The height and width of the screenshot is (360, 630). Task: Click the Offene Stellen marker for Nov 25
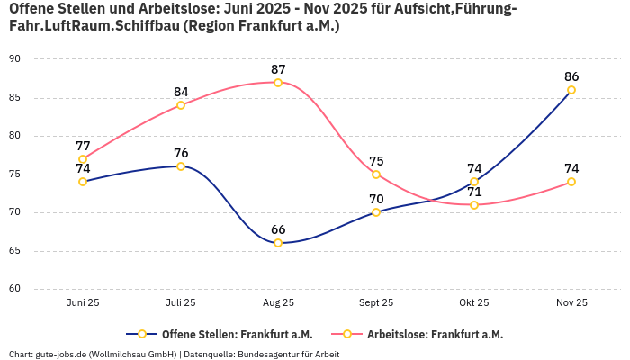coord(571,90)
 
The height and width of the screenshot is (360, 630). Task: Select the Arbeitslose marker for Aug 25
coord(278,82)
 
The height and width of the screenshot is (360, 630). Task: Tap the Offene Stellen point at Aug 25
coord(278,243)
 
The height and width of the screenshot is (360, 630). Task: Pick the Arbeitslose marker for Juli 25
coord(181,105)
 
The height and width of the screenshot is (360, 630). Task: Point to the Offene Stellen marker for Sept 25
coord(376,212)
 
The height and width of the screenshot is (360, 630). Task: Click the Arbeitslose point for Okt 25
coord(474,205)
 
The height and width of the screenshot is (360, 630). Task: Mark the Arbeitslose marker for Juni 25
coord(83,159)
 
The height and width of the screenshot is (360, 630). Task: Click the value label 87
coord(278,69)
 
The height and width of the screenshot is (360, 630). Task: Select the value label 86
coord(571,76)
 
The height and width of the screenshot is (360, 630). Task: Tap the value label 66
coord(278,229)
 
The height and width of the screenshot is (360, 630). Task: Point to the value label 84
coord(181,92)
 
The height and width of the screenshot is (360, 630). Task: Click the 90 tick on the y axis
coord(14,58)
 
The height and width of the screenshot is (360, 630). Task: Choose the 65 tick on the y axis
coord(14,251)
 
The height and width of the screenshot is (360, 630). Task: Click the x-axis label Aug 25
coord(278,303)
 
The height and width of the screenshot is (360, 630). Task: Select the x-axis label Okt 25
coord(474,303)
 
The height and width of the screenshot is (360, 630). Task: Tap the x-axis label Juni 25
coord(83,303)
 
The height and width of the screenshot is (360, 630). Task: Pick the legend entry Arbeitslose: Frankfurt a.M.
coord(435,334)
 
